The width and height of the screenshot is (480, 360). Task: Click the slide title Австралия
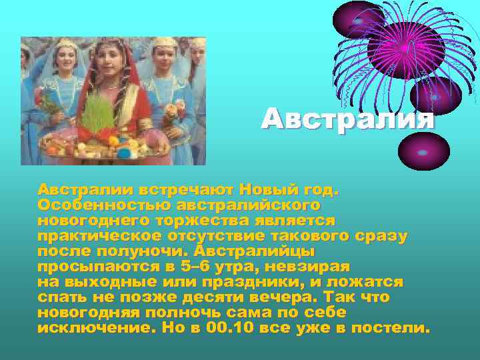[347, 119]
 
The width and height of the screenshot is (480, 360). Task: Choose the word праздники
[245, 281]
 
